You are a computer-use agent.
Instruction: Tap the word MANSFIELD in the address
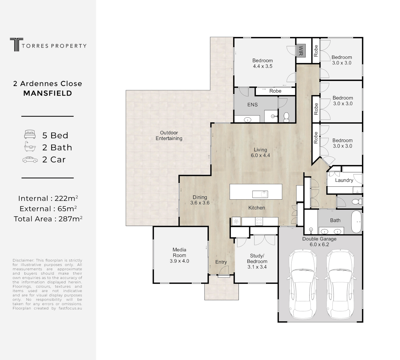[48, 93]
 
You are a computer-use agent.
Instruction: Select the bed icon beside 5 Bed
[30, 135]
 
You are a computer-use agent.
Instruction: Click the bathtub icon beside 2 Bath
[30, 147]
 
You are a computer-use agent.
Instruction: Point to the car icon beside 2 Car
[30, 160]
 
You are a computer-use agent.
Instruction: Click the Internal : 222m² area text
[48, 199]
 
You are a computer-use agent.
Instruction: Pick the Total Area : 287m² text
[48, 219]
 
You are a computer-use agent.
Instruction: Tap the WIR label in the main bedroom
[300, 51]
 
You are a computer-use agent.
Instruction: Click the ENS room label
[252, 105]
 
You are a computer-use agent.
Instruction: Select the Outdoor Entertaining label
[169, 135]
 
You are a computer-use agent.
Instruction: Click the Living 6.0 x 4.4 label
[260, 153]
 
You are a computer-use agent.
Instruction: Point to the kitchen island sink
[260, 194]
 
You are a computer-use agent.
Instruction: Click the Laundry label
[344, 180]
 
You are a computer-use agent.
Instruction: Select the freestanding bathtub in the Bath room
[357, 222]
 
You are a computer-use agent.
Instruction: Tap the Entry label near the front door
[221, 262]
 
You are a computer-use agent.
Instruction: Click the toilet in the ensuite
[286, 117]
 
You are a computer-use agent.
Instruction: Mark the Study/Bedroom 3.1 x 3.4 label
[257, 261]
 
